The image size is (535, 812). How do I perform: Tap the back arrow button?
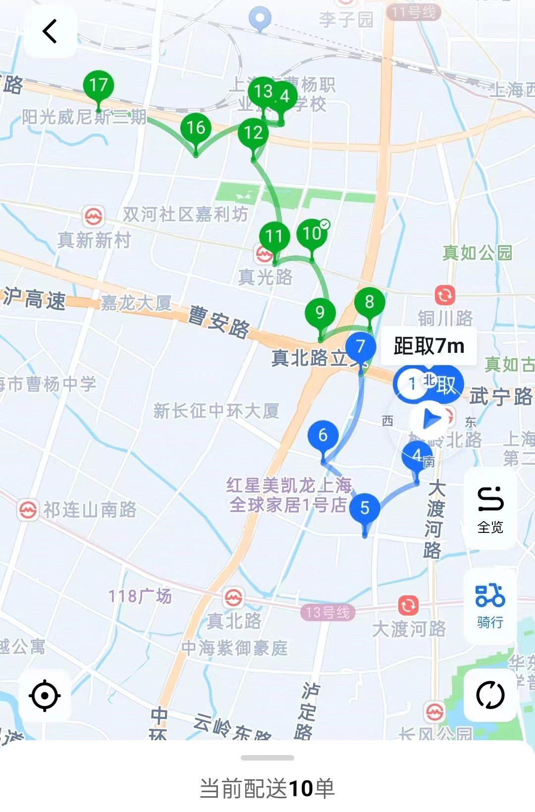tap(50, 32)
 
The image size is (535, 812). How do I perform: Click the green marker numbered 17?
tap(99, 86)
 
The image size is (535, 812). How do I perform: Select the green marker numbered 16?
tap(196, 128)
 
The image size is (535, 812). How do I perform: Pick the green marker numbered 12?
tap(253, 133)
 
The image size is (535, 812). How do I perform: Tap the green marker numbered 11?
tap(274, 237)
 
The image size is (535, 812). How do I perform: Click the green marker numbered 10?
tap(312, 233)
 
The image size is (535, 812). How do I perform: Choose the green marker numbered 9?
tap(320, 313)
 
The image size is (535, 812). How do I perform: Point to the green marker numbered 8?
tap(369, 302)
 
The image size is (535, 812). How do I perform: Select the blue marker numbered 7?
tap(361, 347)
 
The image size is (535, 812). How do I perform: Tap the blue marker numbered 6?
tap(323, 435)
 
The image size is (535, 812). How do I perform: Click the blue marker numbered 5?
tap(365, 508)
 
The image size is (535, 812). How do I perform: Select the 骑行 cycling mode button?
tap(490, 605)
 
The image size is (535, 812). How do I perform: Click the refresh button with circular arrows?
tap(490, 695)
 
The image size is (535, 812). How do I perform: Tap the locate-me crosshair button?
tap(45, 695)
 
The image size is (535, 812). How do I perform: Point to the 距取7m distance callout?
tap(429, 346)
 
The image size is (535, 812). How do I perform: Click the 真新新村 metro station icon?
tap(94, 217)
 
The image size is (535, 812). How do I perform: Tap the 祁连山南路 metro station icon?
tap(28, 510)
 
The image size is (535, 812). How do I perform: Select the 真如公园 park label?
tap(477, 253)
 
